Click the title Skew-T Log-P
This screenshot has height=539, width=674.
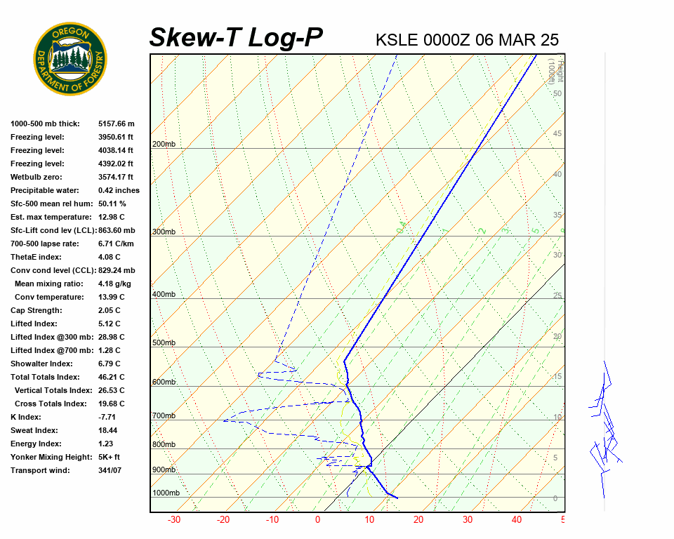click(236, 38)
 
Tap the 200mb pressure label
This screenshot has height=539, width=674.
click(164, 145)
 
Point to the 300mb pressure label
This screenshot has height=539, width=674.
click(164, 232)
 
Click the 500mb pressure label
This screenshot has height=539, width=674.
click(164, 342)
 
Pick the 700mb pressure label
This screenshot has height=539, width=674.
click(164, 416)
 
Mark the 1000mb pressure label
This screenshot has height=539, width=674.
click(166, 493)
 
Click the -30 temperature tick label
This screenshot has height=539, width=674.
click(174, 520)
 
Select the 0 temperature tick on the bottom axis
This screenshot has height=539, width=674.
click(317, 520)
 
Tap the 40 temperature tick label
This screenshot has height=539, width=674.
click(517, 520)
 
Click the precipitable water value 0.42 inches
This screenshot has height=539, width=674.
click(119, 190)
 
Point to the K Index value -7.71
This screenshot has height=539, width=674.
click(108, 417)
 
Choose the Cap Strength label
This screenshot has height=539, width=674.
click(37, 310)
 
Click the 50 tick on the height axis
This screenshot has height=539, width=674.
click(557, 93)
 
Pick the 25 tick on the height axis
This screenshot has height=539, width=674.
click(557, 295)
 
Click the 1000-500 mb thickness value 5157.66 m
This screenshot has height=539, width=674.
click(117, 124)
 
